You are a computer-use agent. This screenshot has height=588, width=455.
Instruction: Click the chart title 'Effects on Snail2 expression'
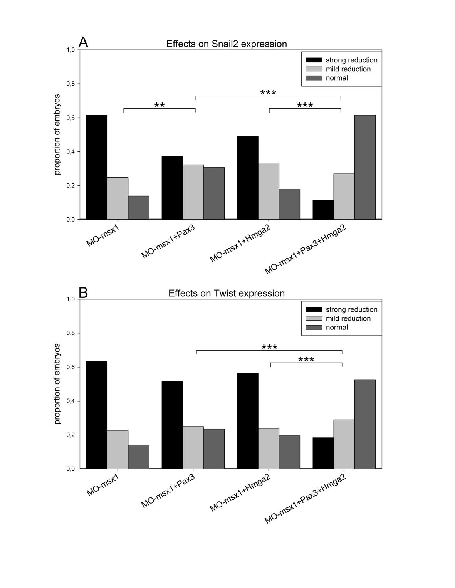[227, 44]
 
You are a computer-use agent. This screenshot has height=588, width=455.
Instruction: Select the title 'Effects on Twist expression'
[227, 293]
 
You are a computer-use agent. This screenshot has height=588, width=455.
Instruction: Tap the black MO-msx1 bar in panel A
[97, 167]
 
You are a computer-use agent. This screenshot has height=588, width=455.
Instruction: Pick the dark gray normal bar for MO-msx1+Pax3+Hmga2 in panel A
[365, 167]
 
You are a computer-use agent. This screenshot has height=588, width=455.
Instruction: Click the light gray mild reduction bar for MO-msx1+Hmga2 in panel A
[269, 191]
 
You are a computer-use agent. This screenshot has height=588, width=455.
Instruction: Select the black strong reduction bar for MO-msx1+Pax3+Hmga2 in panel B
[323, 453]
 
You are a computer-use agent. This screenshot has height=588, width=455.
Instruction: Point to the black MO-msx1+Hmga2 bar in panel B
[248, 421]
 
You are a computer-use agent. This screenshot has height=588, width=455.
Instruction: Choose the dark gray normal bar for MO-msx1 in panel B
[139, 457]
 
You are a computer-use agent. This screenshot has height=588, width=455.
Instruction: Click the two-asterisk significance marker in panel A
[160, 105]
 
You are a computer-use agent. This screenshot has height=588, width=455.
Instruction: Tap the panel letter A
[83, 42]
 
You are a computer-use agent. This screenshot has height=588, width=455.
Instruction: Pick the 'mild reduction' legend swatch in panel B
[314, 318]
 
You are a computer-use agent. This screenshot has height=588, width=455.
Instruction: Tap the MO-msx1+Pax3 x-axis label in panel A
[168, 242]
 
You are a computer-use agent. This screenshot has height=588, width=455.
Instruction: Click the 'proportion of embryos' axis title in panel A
[58, 134]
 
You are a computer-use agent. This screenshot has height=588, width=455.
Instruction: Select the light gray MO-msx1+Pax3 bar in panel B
[193, 447]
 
